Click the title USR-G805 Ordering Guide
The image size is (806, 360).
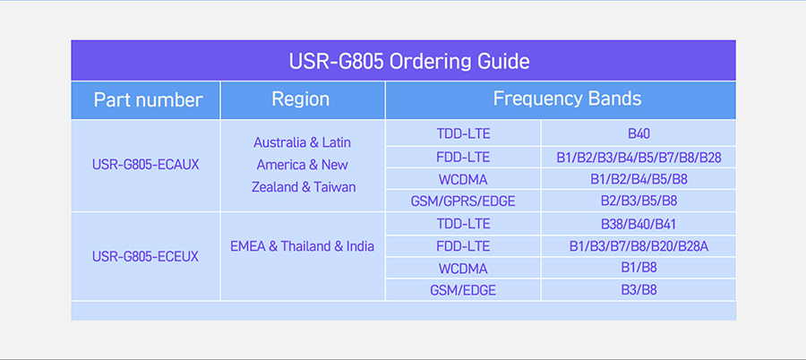click(409, 62)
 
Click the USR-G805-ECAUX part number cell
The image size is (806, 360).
click(145, 165)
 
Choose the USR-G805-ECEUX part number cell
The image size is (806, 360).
click(145, 256)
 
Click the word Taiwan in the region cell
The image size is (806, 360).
click(335, 187)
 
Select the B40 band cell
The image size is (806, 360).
click(639, 134)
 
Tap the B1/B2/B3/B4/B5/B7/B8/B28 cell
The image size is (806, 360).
click(639, 158)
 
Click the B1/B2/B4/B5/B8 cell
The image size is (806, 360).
click(639, 179)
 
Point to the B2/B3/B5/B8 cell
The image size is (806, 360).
click(639, 201)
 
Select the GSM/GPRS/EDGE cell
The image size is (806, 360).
click(463, 201)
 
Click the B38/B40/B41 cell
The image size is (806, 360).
click(639, 224)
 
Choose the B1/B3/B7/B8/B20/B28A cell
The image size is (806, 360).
click(639, 247)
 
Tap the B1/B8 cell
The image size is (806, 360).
click(639, 268)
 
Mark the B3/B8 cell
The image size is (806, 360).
click(639, 290)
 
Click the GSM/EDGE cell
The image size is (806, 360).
click(463, 290)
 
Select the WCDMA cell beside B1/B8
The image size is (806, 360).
click(463, 269)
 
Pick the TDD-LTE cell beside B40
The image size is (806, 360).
click(463, 134)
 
